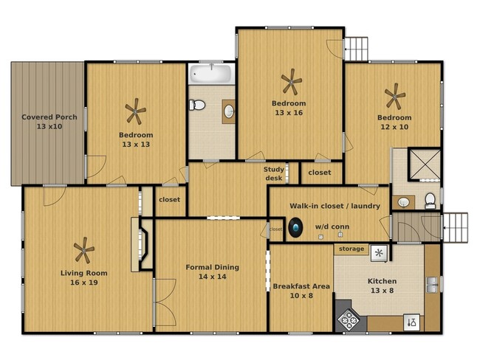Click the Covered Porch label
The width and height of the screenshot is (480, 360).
(45, 122)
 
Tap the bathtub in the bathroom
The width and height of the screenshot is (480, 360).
(211, 75)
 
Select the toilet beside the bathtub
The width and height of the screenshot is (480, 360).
(196, 105)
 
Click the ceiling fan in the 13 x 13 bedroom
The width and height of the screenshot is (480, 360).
(135, 113)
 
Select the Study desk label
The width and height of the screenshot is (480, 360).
(274, 173)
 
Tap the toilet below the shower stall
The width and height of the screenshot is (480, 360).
(430, 200)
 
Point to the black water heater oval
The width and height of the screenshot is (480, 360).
(296, 228)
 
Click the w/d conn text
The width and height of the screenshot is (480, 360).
(332, 226)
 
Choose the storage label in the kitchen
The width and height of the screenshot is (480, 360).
(351, 249)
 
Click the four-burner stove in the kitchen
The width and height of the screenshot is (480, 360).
(348, 319)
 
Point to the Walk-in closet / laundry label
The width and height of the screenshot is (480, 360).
(335, 206)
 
